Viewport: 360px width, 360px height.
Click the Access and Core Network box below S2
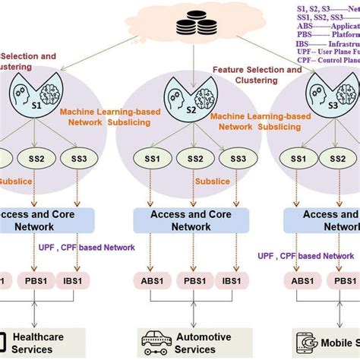pyautogui.click(x=191, y=220)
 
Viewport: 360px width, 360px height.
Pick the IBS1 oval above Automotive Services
pyautogui.click(x=234, y=280)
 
